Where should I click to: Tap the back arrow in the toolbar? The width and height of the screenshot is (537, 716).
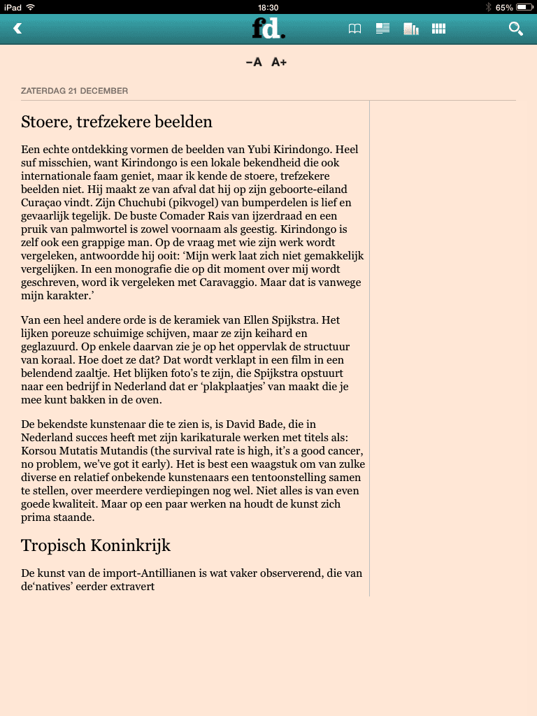[18, 29]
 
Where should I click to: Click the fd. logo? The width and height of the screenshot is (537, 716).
[268, 28]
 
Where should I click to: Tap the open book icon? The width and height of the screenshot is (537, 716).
[355, 29]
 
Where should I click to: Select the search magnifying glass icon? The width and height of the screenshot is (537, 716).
[515, 29]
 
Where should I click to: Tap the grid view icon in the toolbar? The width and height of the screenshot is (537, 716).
[438, 29]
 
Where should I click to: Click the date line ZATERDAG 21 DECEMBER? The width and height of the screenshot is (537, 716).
[75, 91]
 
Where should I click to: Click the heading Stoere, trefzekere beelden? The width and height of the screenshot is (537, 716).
[117, 122]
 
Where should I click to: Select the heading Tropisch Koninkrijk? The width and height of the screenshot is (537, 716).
[96, 545]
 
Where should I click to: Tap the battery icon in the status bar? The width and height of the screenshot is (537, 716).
[526, 7]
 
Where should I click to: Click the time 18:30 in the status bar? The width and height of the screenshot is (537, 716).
[268, 7]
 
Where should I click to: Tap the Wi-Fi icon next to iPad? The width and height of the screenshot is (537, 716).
[31, 7]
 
